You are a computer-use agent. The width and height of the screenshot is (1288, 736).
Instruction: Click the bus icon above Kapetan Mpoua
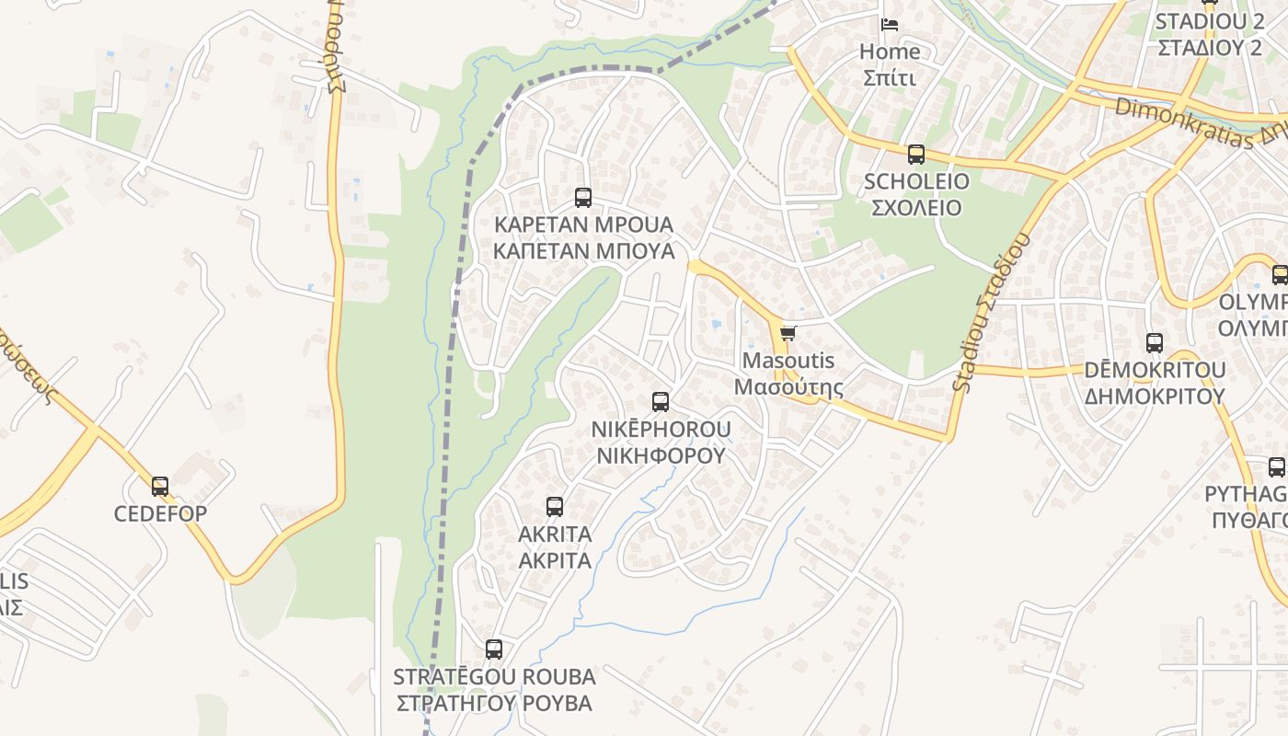point(582,197)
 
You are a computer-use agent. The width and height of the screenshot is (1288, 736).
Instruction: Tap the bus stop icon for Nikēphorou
point(661,401)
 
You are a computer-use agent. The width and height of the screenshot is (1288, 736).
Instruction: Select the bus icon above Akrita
point(554,506)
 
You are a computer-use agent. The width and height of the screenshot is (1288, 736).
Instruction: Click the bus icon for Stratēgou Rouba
point(494,650)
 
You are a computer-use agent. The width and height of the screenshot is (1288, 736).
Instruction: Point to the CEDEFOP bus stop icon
point(160,486)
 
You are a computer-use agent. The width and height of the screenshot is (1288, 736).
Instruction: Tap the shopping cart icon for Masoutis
point(788,333)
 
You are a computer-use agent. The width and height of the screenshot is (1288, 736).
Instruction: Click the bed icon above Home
point(890,24)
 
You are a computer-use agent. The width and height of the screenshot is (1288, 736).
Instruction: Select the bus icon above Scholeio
point(915,154)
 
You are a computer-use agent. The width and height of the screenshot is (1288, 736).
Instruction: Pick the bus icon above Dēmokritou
point(1155,343)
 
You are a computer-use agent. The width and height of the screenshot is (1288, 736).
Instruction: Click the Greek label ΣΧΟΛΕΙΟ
point(915,208)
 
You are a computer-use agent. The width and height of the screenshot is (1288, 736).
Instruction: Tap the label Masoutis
point(788,361)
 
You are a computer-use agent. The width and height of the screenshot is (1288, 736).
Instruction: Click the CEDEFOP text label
point(160,513)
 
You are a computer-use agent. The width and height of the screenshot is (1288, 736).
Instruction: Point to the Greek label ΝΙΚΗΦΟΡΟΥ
point(661,455)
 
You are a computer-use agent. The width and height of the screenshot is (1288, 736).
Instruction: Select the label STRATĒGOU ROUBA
point(494,677)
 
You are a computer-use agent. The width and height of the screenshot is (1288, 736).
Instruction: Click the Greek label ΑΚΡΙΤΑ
point(554,560)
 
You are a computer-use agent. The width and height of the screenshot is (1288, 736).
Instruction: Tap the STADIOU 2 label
point(1210,22)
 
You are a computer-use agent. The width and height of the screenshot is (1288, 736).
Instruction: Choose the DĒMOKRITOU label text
point(1155,370)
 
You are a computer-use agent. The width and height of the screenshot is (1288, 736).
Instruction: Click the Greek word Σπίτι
point(890,77)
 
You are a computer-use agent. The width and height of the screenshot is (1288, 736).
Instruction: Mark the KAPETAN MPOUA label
point(583,224)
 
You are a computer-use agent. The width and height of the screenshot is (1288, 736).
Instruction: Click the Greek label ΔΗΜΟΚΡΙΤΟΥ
point(1155,397)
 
